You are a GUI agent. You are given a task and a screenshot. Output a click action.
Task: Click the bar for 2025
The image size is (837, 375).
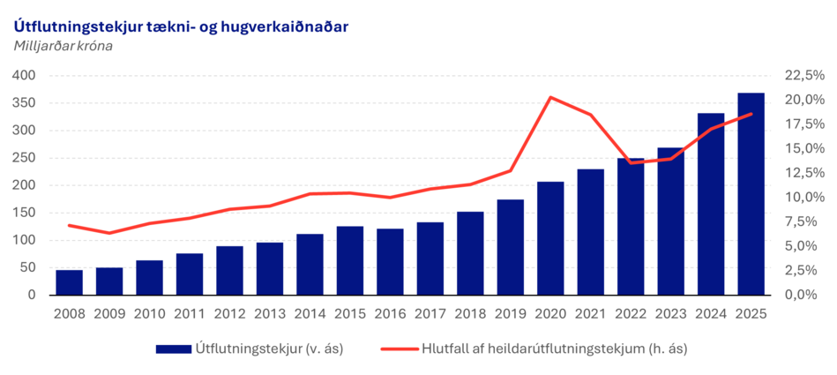click(751, 194)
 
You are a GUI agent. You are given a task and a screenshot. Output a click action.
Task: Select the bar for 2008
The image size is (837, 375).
click(69, 282)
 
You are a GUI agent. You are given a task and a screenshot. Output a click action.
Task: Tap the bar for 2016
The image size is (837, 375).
click(390, 262)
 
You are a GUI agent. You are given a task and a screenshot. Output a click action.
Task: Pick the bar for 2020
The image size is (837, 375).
click(550, 238)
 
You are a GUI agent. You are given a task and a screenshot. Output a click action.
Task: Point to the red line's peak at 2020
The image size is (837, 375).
click(550, 97)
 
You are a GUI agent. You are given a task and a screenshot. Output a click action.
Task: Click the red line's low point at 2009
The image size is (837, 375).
click(109, 233)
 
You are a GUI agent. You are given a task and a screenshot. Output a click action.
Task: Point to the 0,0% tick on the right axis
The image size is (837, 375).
click(796, 295)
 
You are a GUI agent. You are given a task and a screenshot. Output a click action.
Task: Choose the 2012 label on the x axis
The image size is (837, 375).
click(229, 313)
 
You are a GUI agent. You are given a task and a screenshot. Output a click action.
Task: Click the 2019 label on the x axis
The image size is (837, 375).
click(510, 313)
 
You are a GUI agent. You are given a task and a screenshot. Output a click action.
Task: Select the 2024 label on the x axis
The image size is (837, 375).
click(711, 313)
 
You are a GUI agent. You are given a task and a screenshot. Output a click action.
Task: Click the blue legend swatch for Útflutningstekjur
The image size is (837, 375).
click(172, 349)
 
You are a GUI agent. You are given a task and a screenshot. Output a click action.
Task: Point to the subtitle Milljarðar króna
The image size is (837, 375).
click(64, 46)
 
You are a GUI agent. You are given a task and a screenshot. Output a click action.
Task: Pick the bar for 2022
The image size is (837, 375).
click(631, 227)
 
